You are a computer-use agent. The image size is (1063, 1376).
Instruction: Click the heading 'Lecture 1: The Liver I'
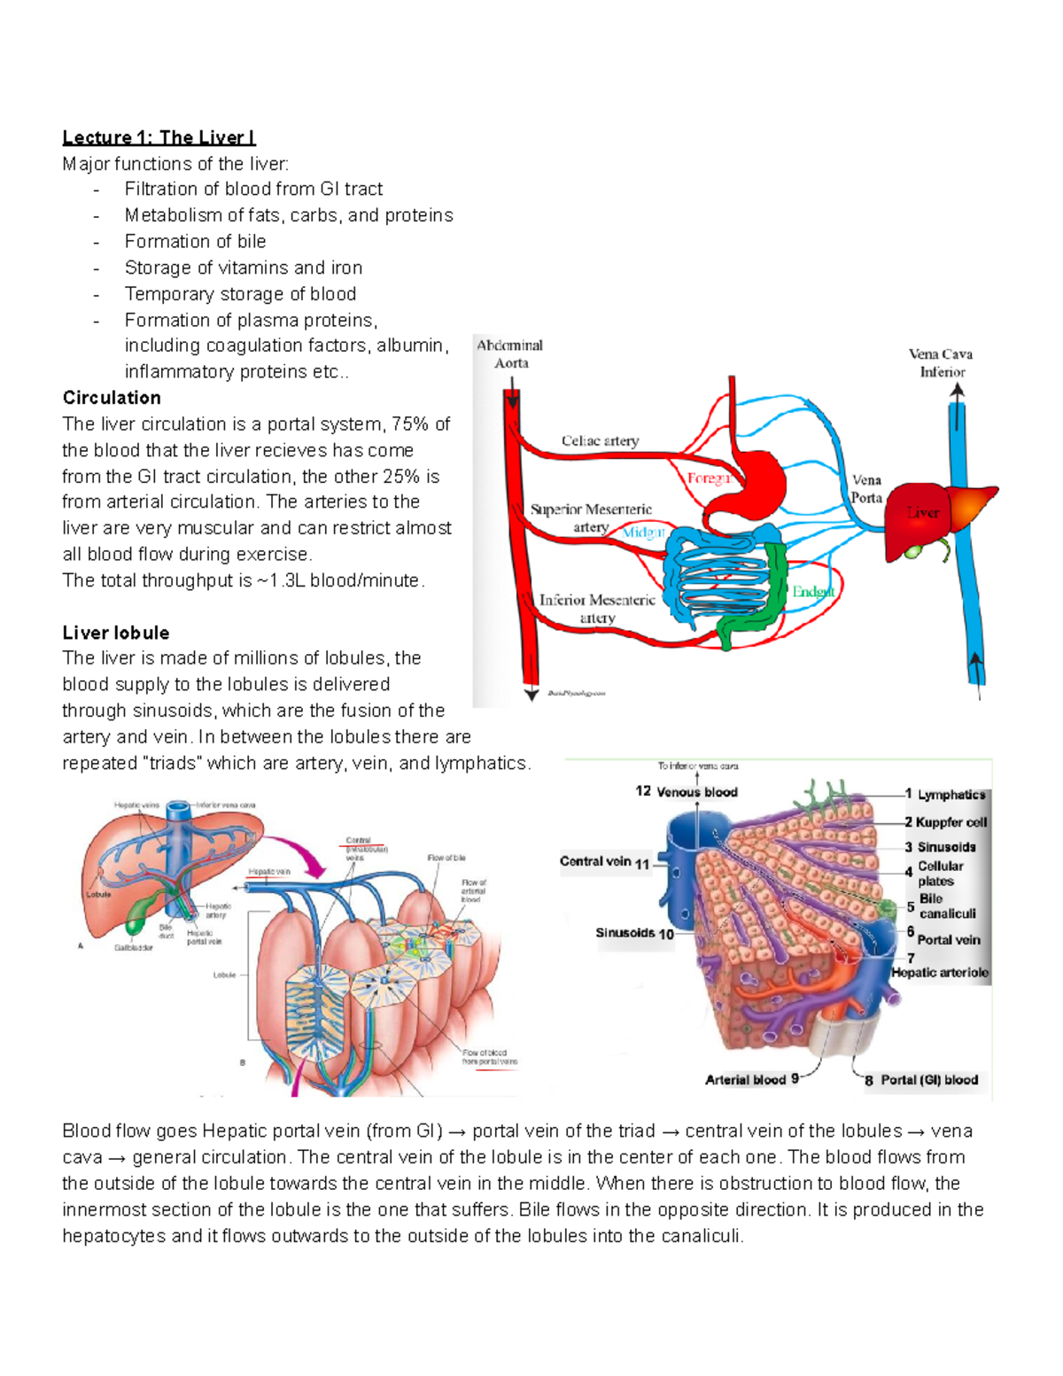click(159, 137)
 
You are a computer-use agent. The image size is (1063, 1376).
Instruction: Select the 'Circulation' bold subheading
click(112, 398)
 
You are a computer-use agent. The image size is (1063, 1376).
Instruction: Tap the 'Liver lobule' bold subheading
click(115, 633)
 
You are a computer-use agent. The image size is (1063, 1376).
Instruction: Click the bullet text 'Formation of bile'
click(195, 241)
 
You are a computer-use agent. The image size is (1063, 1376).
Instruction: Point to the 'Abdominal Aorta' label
click(510, 354)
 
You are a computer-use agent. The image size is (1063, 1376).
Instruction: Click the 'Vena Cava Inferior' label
click(941, 363)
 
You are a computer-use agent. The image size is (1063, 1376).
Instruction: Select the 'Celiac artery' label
click(600, 440)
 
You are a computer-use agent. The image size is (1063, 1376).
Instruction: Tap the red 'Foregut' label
click(709, 478)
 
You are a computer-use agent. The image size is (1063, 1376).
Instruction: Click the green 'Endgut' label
click(812, 592)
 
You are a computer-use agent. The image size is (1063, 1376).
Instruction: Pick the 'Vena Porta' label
click(866, 489)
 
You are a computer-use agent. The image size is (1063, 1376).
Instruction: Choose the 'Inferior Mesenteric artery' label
click(597, 609)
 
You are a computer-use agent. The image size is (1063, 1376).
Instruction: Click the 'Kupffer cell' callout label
click(950, 822)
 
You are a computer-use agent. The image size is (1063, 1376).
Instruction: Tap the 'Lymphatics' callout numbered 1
click(950, 795)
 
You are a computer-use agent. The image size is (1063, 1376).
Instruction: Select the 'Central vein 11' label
click(605, 862)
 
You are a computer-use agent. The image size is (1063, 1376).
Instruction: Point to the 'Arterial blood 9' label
click(751, 1079)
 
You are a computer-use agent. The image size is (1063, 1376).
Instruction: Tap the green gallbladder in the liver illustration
click(135, 923)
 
